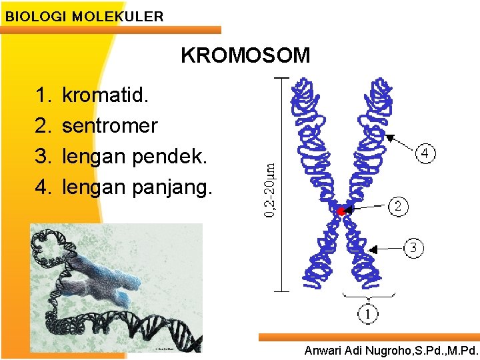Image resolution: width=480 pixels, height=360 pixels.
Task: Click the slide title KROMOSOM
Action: (245, 55)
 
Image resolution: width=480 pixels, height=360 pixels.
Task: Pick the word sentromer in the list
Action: (110, 125)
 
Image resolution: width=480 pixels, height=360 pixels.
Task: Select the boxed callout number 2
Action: (398, 206)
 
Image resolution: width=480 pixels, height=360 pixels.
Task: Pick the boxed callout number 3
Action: (413, 248)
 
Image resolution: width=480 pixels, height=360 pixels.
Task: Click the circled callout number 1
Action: (368, 312)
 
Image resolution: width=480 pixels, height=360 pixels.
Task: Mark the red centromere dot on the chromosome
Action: (340, 211)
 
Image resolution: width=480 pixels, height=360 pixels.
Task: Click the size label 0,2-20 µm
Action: (269, 190)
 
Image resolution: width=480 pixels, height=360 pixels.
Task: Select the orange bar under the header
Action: (110, 30)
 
